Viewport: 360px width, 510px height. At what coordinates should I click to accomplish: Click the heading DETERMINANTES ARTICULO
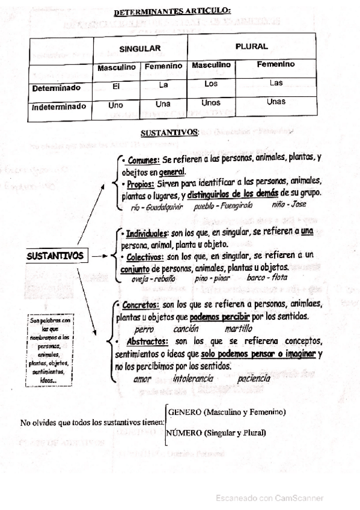pyautogui.click(x=171, y=11)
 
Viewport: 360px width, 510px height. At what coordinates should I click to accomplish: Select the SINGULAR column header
pyautogui.click(x=139, y=48)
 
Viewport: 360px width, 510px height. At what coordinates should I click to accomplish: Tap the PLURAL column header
pyautogui.click(x=252, y=46)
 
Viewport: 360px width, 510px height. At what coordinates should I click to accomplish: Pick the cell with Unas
pyautogui.click(x=276, y=102)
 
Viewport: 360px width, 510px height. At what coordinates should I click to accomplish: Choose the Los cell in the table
pyautogui.click(x=211, y=84)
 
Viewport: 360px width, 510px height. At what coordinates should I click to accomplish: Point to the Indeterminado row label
pyautogui.click(x=59, y=107)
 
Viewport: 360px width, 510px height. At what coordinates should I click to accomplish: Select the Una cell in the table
pyautogui.click(x=163, y=103)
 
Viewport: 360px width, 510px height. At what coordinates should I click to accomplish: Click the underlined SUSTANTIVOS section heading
pyautogui.click(x=169, y=132)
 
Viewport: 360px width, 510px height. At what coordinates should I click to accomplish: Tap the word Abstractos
pyautogui.click(x=147, y=341)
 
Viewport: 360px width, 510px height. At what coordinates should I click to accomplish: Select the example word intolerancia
pyautogui.click(x=193, y=379)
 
